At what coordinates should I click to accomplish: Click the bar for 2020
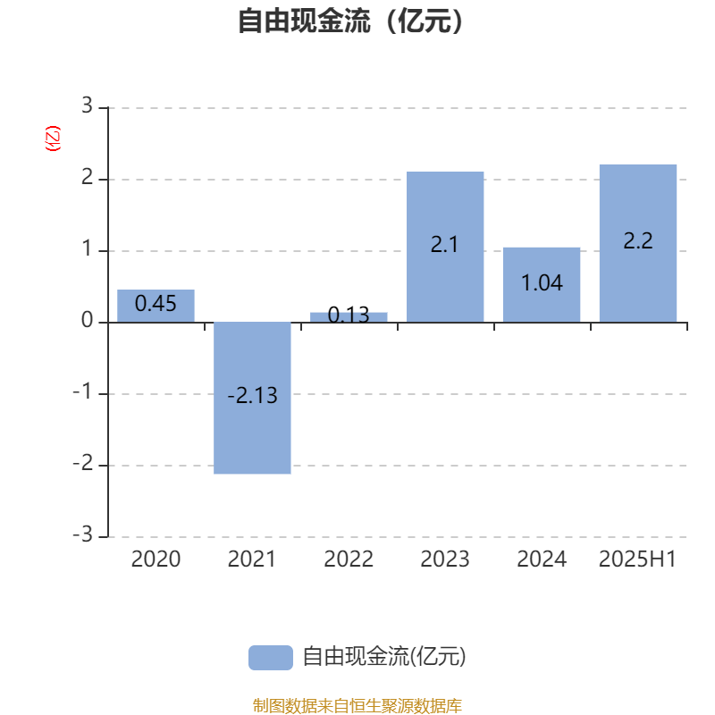tap(156, 306)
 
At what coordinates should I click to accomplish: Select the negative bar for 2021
tap(252, 398)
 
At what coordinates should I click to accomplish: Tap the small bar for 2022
tap(349, 317)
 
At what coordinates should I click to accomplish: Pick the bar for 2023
tap(445, 247)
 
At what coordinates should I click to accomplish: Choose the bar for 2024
tap(542, 285)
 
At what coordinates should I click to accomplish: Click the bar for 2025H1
tap(638, 243)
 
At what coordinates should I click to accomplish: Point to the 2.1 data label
tap(444, 245)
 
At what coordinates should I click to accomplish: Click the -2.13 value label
tap(252, 395)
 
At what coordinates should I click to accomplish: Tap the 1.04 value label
tap(542, 283)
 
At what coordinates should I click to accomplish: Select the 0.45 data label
tap(156, 304)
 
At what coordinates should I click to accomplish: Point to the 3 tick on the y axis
tap(87, 105)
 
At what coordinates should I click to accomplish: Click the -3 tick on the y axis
tap(83, 534)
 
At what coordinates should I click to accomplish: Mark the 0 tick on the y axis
tap(87, 320)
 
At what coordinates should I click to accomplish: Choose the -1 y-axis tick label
tap(83, 391)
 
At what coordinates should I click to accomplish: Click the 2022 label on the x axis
tap(349, 559)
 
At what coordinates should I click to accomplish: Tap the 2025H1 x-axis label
tap(637, 559)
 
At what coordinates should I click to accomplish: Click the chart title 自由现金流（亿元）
tap(351, 21)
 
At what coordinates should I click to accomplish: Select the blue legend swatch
tap(271, 658)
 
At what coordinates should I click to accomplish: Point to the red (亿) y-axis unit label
tap(53, 139)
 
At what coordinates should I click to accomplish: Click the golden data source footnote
tap(357, 705)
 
